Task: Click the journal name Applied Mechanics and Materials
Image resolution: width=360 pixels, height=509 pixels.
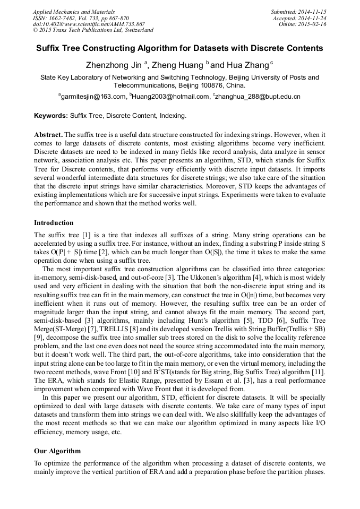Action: click(x=73, y=11)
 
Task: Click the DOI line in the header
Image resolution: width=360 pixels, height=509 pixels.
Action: click(x=89, y=24)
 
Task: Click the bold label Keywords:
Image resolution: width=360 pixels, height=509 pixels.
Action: click(x=51, y=115)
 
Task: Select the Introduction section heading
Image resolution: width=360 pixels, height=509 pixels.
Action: click(x=54, y=222)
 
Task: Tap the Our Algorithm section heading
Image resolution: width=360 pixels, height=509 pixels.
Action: click(x=57, y=451)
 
